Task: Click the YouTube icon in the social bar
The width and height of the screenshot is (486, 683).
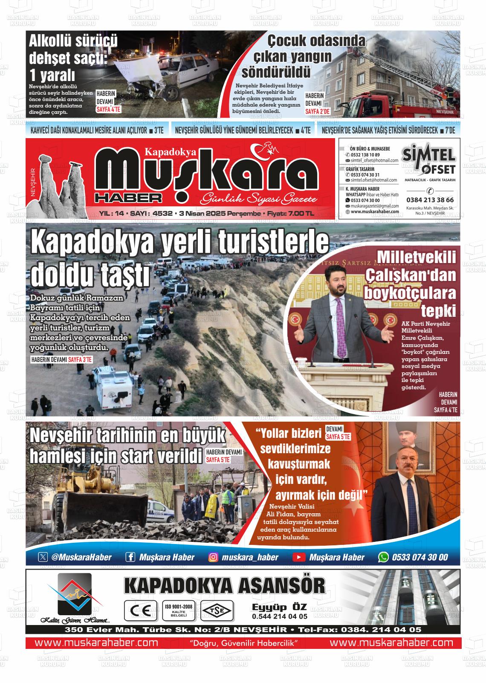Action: [299, 557]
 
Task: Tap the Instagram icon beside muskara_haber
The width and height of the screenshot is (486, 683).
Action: [214, 557]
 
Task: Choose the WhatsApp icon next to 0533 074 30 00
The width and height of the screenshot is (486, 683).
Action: [384, 557]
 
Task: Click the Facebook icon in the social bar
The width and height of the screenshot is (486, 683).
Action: [130, 557]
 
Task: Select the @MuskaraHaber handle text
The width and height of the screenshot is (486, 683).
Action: [81, 557]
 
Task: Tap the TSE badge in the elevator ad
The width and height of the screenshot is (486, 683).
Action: [217, 611]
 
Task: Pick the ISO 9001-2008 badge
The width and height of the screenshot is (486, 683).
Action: [179, 611]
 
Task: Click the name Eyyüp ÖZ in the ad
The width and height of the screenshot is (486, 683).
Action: [279, 607]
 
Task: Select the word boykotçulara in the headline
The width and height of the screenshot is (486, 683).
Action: [409, 293]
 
